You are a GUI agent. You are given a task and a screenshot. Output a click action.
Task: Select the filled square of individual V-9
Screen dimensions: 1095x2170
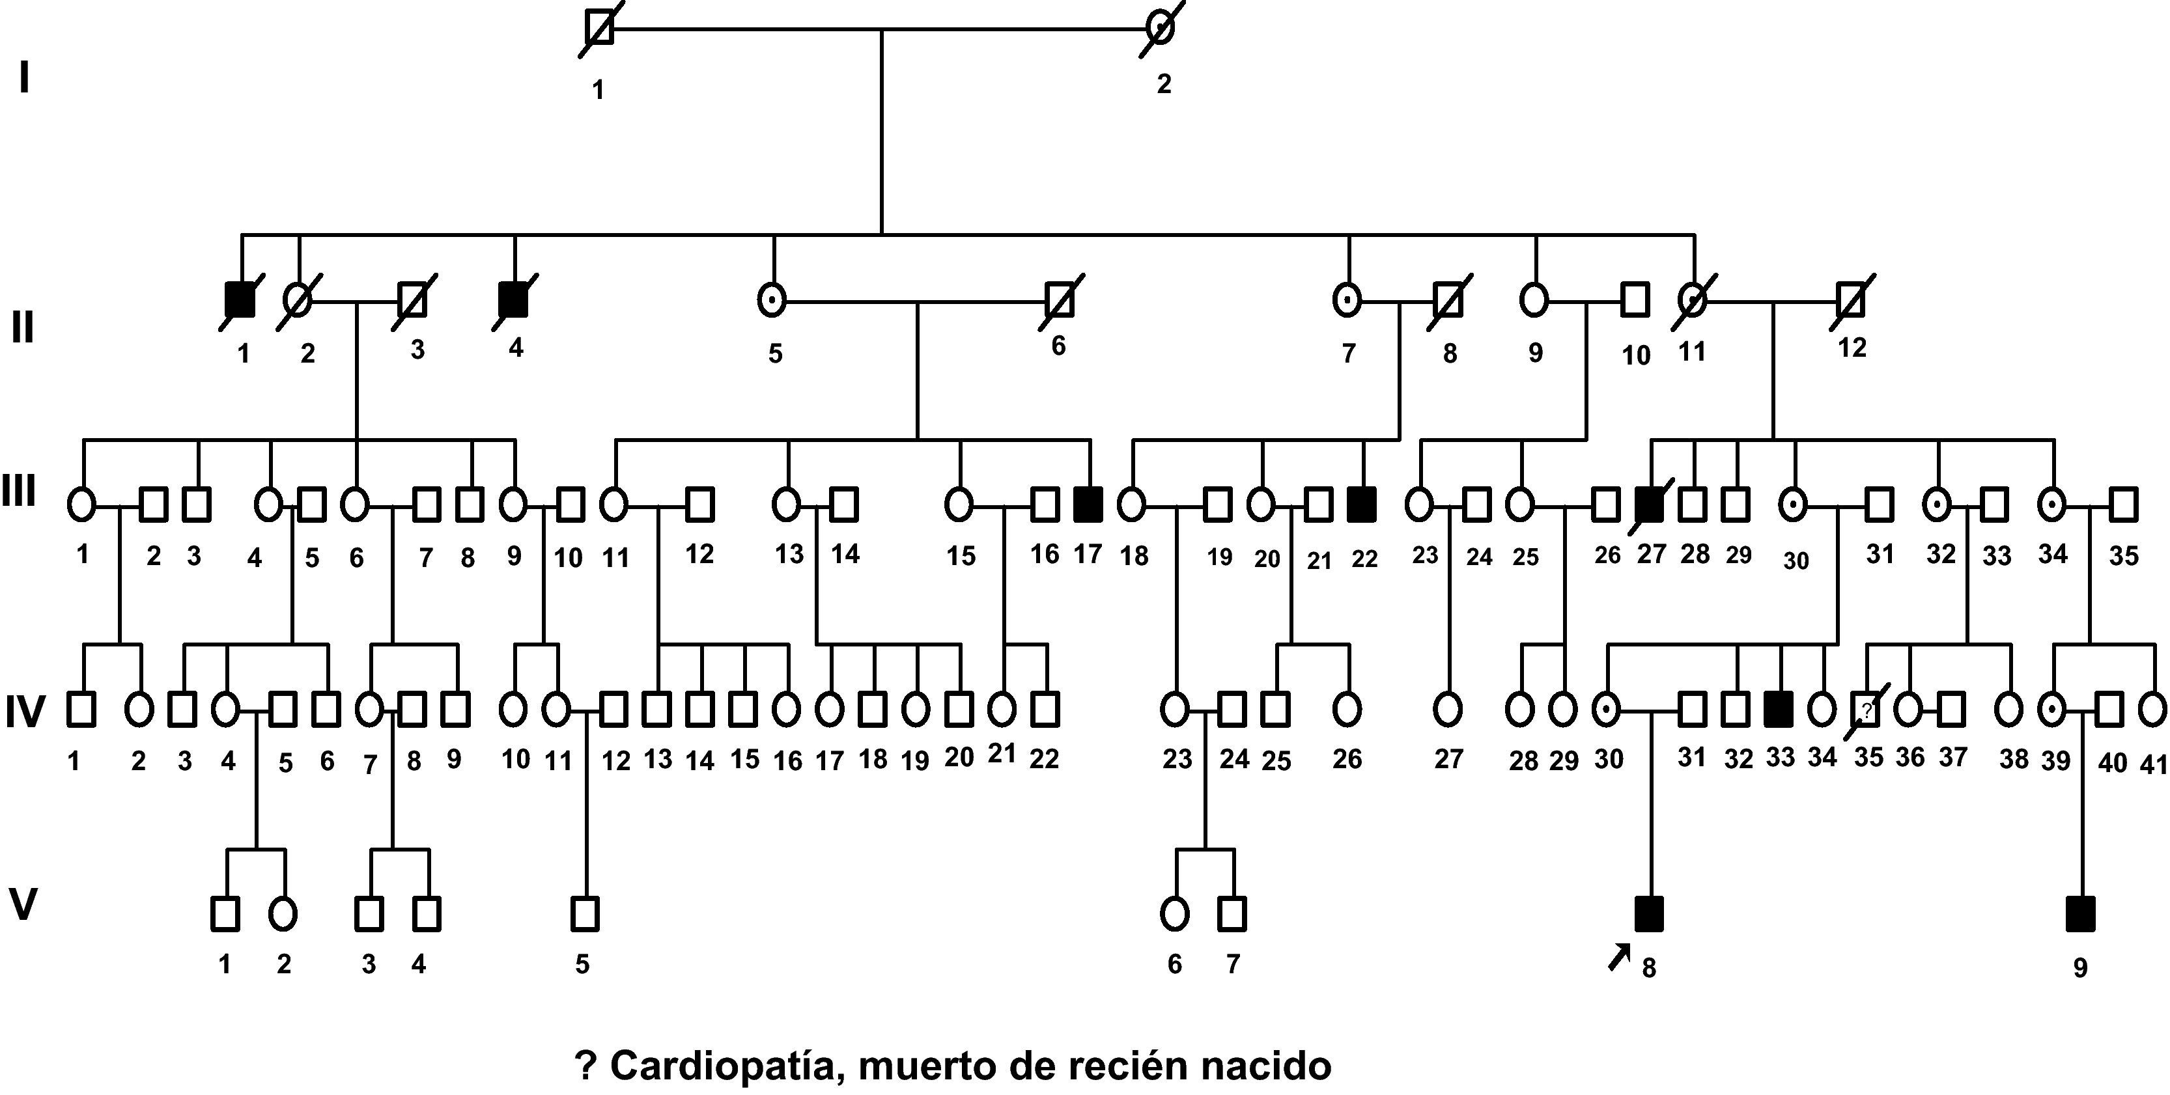click(2080, 914)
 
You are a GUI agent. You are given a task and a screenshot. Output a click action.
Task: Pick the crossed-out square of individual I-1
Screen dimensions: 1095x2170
click(599, 29)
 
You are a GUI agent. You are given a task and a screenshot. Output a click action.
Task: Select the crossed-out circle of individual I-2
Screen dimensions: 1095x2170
click(1162, 29)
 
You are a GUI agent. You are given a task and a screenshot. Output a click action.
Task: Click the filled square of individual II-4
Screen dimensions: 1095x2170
click(514, 300)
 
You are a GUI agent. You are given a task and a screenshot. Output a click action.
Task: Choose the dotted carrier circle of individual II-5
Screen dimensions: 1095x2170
click(772, 300)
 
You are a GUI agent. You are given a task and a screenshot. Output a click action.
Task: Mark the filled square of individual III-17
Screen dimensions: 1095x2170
click(1088, 504)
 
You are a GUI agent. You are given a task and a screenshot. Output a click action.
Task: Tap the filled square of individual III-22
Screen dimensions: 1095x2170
click(1362, 504)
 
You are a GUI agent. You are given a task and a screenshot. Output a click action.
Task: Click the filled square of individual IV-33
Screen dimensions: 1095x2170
click(1779, 709)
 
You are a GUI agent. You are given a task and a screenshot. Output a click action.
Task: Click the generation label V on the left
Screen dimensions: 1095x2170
click(23, 905)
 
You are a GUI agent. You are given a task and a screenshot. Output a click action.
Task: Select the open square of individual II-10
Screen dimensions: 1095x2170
click(1635, 300)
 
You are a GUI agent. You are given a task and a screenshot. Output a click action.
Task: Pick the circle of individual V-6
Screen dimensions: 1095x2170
click(1174, 914)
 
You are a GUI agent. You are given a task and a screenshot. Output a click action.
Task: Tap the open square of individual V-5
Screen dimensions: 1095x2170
click(585, 914)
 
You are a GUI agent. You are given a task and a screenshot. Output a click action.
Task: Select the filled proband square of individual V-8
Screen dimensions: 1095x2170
click(1648, 914)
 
